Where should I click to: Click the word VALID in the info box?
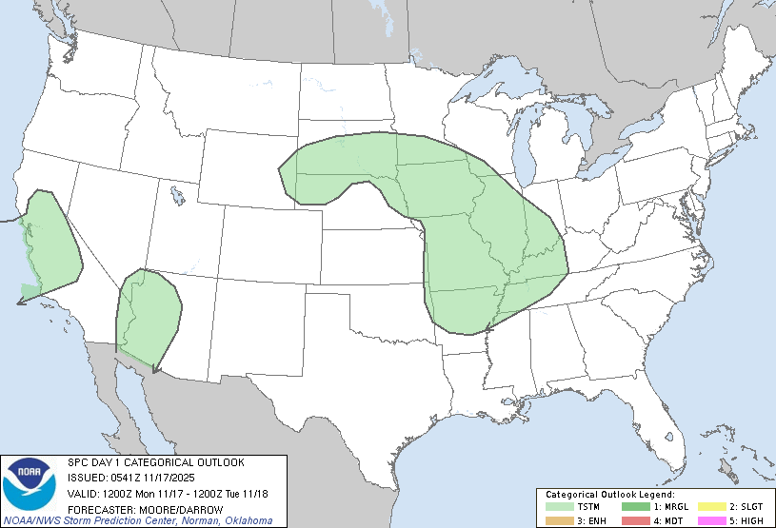[x=83, y=494]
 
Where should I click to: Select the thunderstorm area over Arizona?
[x=148, y=313]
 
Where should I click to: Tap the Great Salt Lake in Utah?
[x=178, y=196]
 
